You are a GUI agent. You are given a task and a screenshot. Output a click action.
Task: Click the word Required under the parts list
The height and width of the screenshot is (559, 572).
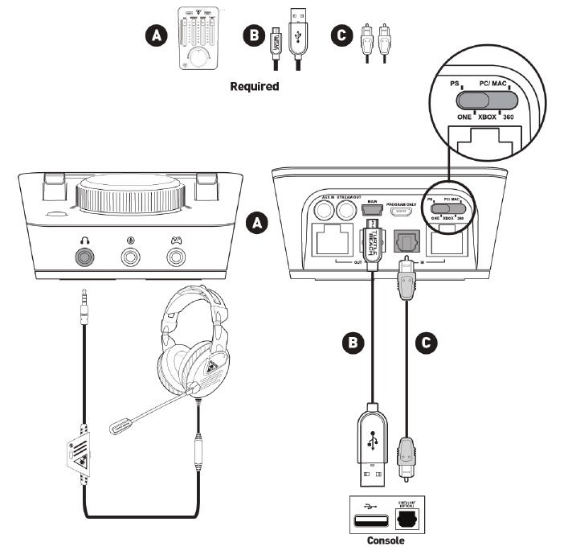(x=254, y=85)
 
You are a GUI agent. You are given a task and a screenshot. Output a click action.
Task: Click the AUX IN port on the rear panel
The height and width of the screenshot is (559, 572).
(x=326, y=211)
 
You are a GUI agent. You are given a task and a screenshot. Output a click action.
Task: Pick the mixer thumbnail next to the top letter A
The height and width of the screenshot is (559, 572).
(x=199, y=38)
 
